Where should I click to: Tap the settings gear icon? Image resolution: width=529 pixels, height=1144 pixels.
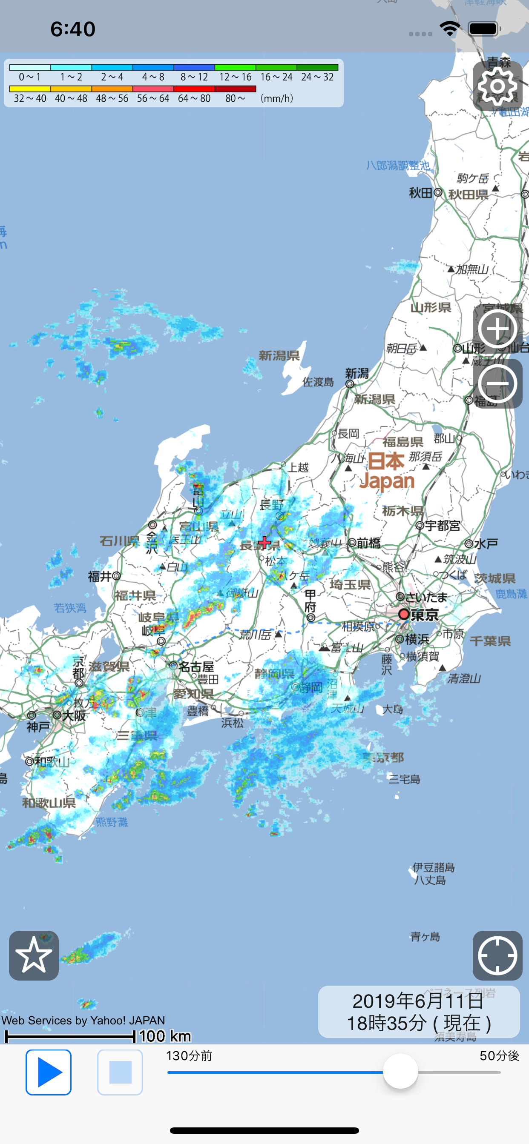coord(497,86)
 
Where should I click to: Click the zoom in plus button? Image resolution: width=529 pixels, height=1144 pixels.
coord(497,329)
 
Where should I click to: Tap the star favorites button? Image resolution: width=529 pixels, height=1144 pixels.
coord(34,955)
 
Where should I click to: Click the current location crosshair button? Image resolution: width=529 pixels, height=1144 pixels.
coord(497,955)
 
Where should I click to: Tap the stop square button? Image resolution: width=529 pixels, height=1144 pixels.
coord(120,1072)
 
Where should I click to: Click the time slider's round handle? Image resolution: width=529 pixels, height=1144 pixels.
coord(400,1071)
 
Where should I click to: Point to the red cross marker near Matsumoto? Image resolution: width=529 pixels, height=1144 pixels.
coord(264,542)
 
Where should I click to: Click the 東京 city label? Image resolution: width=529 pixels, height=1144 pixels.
coord(425,615)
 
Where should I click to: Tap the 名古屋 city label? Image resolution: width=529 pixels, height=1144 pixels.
coord(196,666)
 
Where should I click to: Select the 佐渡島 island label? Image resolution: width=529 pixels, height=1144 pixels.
coord(318,382)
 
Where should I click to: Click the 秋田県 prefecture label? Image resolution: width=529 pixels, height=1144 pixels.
coord(468,194)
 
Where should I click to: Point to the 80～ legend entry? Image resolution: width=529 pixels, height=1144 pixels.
coord(235,98)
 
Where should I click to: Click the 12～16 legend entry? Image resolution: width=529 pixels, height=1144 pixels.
coord(235,77)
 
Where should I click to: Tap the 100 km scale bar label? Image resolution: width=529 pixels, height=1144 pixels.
coord(165,1036)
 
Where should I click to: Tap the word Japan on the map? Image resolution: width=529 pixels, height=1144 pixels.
coord(387,481)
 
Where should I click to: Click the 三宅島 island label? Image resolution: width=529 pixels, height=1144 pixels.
coord(404,779)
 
